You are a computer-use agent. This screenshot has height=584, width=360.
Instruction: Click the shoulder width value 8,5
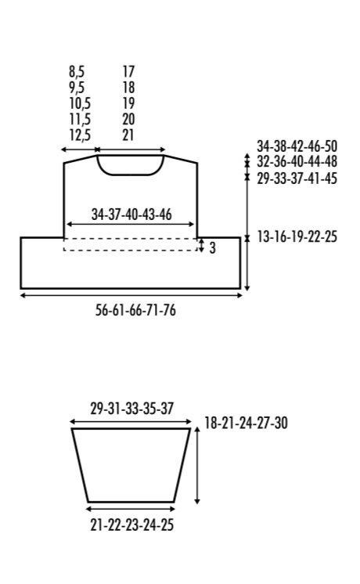[x=77, y=71]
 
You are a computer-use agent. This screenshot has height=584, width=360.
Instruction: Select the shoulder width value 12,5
[x=80, y=135]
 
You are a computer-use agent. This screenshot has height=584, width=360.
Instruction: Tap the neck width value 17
[x=128, y=71]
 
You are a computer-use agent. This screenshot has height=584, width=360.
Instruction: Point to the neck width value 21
[x=128, y=135]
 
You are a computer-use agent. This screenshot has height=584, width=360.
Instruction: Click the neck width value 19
[x=128, y=103]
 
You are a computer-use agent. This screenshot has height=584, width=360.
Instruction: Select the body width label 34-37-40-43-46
[x=131, y=214]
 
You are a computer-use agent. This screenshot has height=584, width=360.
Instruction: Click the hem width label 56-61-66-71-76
[x=135, y=310]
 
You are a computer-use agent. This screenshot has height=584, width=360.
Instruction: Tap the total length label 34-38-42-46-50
[x=297, y=146]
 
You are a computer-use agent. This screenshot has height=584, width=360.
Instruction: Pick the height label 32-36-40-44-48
[x=297, y=161]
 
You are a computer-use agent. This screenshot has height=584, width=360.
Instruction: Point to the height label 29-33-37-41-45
[x=297, y=178]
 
